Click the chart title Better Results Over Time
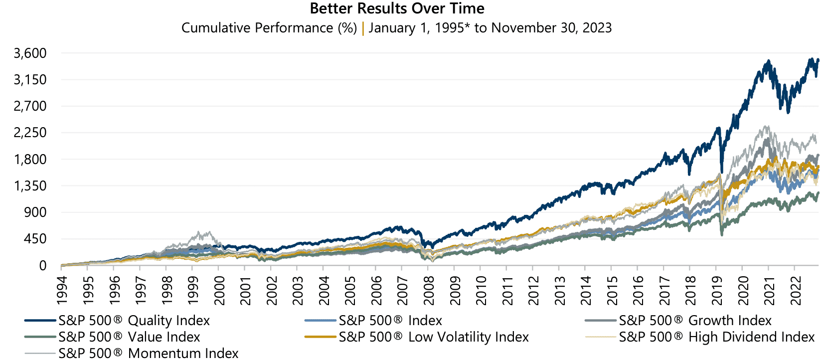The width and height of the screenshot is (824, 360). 397,8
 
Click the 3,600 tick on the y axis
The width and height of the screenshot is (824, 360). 30,53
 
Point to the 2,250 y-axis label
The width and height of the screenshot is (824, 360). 30,133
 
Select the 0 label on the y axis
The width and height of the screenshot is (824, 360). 43,265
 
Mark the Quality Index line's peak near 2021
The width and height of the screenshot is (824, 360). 768,61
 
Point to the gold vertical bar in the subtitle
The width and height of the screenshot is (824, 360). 363,28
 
